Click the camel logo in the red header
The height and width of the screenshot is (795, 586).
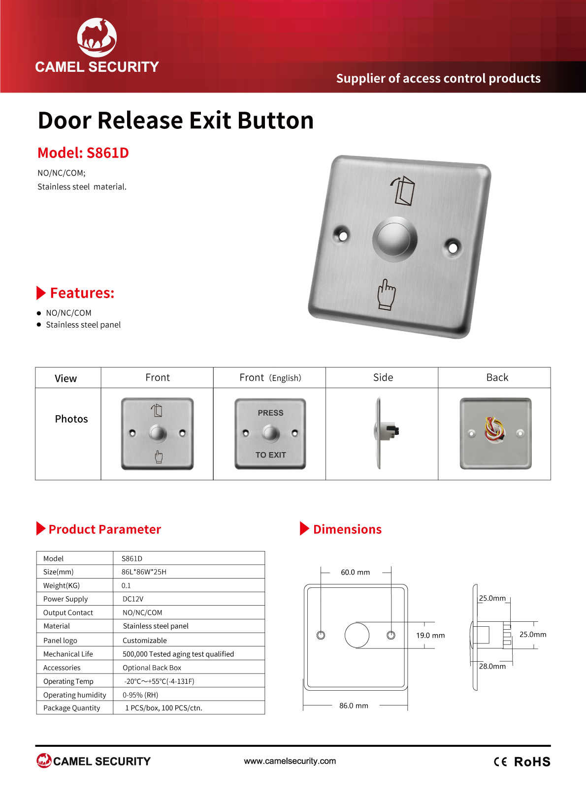[97, 37]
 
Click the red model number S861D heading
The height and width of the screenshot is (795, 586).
[83, 153]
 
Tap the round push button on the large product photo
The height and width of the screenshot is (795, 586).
[394, 239]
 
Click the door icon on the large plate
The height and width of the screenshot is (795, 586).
[403, 190]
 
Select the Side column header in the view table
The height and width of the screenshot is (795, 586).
[383, 377]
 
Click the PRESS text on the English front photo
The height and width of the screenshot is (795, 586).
[271, 413]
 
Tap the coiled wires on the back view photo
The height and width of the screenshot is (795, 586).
[495, 430]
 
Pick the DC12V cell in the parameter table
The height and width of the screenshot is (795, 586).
[133, 599]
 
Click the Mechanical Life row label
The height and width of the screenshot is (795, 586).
[68, 654]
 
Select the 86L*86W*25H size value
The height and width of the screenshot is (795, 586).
[144, 572]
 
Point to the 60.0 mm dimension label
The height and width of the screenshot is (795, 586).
[355, 572]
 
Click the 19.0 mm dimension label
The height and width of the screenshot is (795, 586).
[430, 635]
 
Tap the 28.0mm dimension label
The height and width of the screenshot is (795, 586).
[492, 666]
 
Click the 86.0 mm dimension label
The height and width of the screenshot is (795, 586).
[354, 705]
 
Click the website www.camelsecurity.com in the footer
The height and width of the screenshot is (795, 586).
[290, 761]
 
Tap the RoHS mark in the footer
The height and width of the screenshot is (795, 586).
[532, 762]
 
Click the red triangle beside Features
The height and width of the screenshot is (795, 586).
[41, 293]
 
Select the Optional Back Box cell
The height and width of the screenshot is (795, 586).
[152, 668]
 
